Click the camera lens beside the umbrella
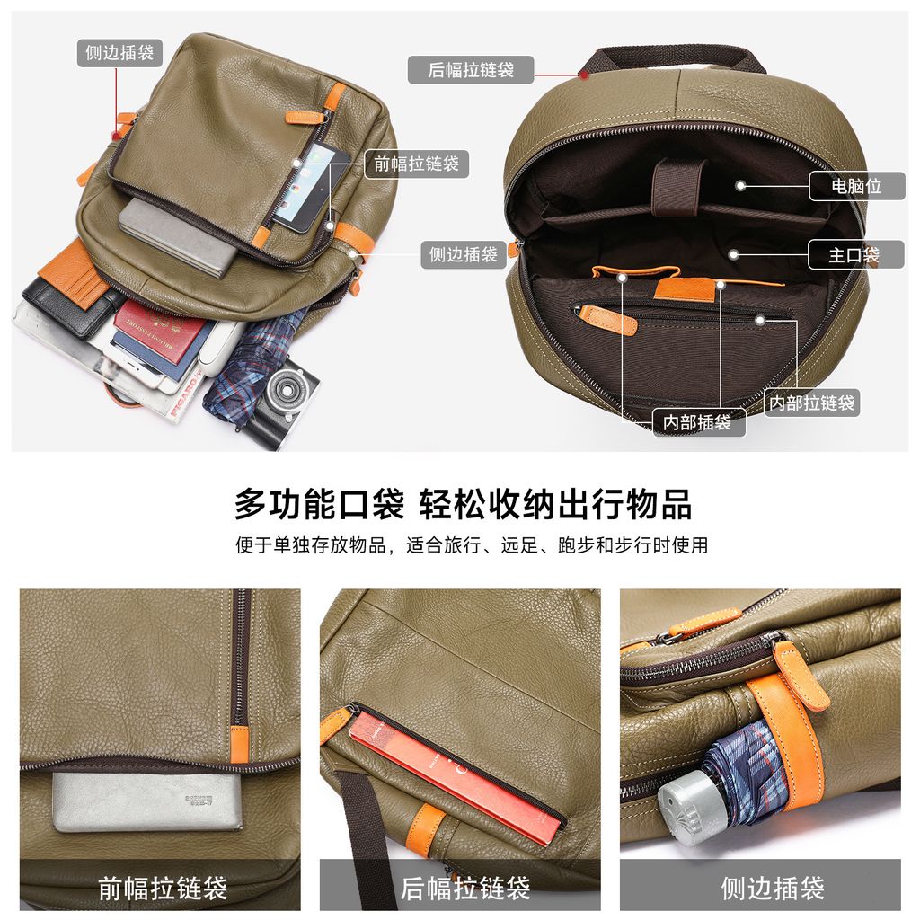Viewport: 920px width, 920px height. pos(287,390)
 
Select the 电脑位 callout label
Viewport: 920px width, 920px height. pos(856,186)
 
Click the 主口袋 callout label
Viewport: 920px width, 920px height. pos(855,254)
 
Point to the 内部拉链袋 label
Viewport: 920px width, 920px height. pos(811,403)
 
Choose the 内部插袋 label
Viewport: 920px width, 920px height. pos(698,422)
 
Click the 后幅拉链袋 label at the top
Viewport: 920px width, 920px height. pos(471,70)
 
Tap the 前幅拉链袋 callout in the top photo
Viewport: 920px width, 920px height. pos(417,164)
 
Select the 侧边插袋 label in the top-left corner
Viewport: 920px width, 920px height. pos(119,53)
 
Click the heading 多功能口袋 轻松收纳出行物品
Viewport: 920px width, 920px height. pos(463,505)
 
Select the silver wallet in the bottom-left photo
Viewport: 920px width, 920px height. pos(146,801)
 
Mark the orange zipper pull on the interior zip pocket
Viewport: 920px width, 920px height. pos(608,319)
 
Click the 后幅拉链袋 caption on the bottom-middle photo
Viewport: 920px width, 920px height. pos(465,888)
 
